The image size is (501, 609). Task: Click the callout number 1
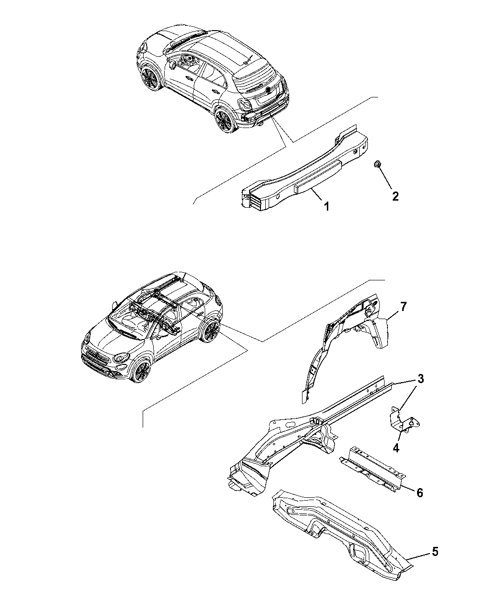point(327,206)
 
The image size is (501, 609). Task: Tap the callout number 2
point(395,196)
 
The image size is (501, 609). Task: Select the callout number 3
point(420,379)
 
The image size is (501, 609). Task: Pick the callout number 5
point(435,552)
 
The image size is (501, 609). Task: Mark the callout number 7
point(403,307)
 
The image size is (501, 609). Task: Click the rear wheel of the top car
point(224,120)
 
